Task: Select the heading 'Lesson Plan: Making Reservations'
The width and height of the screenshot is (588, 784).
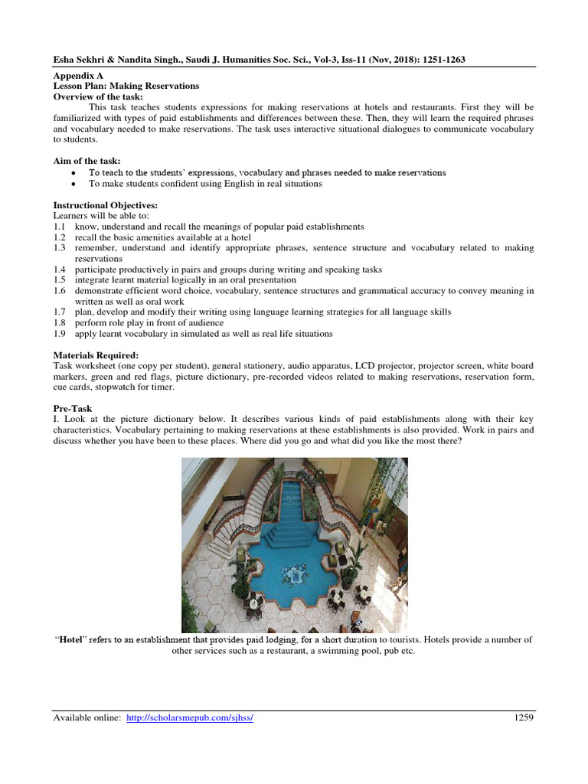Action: click(x=126, y=87)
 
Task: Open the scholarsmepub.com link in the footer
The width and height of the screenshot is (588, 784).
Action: click(x=189, y=718)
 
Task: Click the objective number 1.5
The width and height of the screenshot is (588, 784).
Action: click(x=60, y=280)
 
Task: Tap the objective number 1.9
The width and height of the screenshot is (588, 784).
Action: click(x=60, y=334)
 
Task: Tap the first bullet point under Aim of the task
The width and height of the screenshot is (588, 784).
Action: click(x=73, y=173)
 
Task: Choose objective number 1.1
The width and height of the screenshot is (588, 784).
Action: click(x=60, y=227)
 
